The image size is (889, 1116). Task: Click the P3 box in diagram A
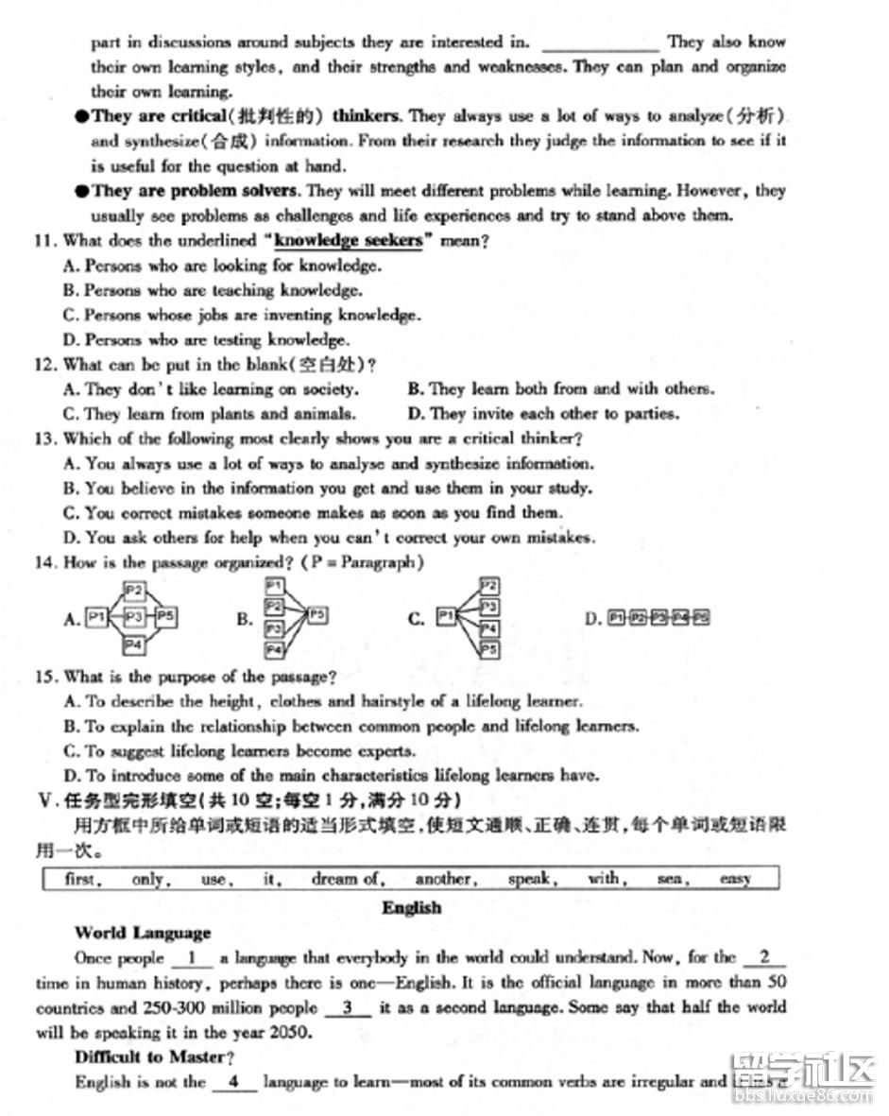click(x=134, y=618)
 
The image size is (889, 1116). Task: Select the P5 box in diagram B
click(x=317, y=614)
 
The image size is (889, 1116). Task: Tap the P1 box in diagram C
click(x=446, y=618)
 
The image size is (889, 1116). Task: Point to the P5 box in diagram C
click(x=488, y=649)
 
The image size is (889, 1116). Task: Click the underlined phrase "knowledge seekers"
click(x=348, y=241)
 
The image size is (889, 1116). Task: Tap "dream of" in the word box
click(x=347, y=879)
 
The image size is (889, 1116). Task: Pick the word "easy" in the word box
click(x=734, y=879)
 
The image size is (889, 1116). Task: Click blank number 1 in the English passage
click(x=193, y=958)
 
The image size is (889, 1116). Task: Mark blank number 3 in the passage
click(x=348, y=1007)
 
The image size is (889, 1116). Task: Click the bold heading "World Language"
click(x=143, y=933)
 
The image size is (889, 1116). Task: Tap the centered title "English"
click(x=411, y=907)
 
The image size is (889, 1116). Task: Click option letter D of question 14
click(x=592, y=619)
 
